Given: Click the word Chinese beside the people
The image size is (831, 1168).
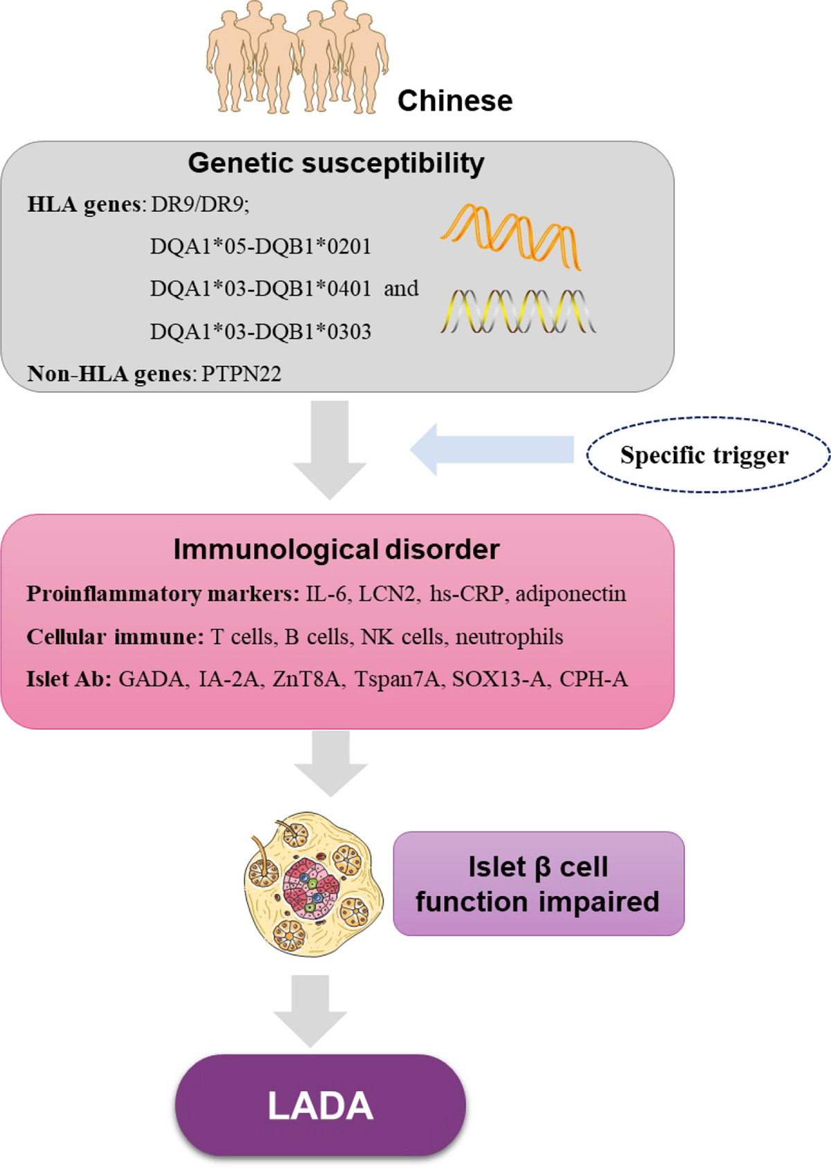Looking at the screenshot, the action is [x=455, y=100].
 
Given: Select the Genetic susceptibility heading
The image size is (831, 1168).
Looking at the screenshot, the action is [x=336, y=163].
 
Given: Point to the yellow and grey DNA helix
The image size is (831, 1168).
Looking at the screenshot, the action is [x=518, y=312].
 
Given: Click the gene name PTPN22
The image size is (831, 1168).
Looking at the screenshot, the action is [x=241, y=373].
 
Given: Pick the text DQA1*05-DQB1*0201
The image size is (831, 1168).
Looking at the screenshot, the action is [x=260, y=246].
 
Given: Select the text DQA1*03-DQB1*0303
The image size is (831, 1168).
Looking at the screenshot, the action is [x=260, y=331].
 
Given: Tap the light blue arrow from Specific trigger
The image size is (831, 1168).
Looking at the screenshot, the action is [x=492, y=449].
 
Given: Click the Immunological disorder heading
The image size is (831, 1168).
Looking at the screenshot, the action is [x=337, y=549].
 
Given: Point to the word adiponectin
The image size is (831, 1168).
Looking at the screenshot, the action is [x=571, y=593].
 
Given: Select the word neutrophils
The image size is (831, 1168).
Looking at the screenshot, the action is [x=509, y=637].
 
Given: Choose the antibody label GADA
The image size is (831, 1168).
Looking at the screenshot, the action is [x=151, y=679].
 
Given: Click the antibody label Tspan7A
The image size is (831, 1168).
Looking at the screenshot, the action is [x=397, y=679].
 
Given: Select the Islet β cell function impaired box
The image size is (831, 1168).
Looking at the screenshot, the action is [x=538, y=883].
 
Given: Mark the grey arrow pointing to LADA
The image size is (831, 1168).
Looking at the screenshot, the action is [x=310, y=1011].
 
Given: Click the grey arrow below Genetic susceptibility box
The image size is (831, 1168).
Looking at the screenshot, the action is [x=330, y=449].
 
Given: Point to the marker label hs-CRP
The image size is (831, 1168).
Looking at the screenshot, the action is [x=466, y=593].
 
